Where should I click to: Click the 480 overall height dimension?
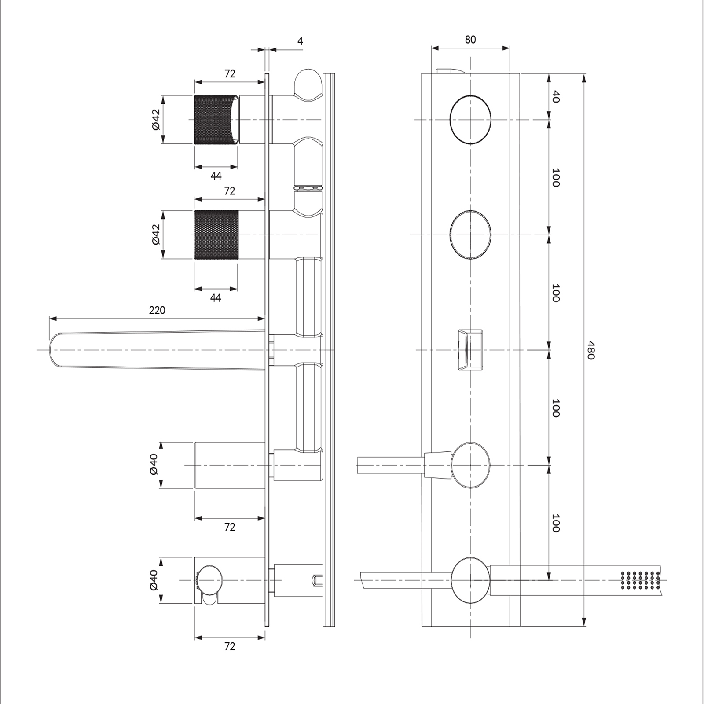pos(591,350)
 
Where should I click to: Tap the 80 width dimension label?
pos(470,40)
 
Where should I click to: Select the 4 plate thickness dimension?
pos(300,41)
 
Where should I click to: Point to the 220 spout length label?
pos(157,310)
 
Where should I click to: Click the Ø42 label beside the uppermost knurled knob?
pos(156,120)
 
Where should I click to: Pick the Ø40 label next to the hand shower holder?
pos(154,580)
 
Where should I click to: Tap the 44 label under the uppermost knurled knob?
pos(216,176)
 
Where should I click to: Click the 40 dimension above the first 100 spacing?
pos(556,96)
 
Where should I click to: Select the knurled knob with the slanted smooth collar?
pos(218,120)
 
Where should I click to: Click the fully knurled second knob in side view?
pos(216,235)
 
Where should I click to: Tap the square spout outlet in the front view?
pos(470,350)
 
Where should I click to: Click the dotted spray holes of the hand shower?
pos(640,580)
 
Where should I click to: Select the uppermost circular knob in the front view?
pos(470,120)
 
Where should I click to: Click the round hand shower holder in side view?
pos(209,580)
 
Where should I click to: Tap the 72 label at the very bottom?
pos(230,646)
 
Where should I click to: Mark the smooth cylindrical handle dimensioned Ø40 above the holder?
pos(230,465)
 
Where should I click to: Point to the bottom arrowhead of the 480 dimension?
pos(584,622)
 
